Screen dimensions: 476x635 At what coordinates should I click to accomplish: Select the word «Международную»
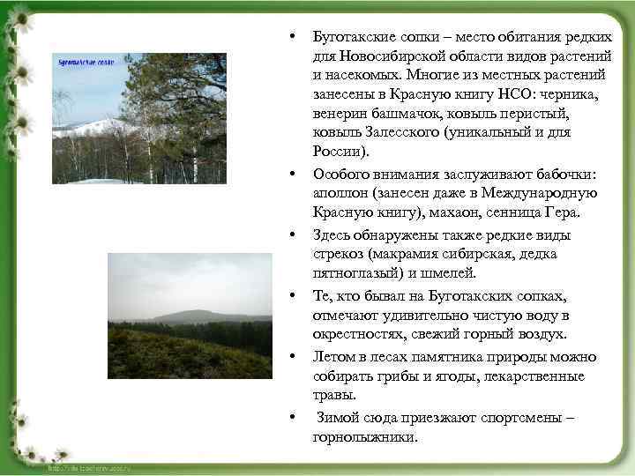543,193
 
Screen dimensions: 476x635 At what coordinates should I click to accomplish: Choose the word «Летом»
334,356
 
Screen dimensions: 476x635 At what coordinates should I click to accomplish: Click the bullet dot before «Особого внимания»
290,173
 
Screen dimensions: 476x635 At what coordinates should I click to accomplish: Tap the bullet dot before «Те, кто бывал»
290,295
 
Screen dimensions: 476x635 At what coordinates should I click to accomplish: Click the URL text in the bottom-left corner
88,468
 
